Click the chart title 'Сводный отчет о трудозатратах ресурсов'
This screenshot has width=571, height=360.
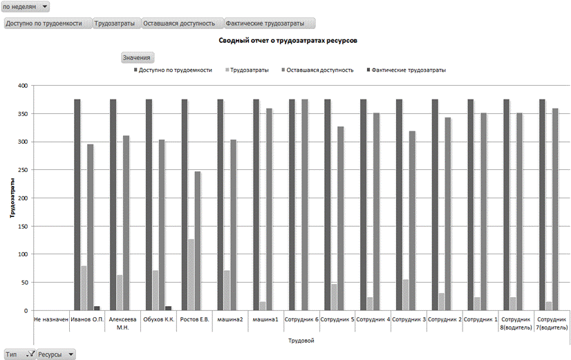(x=288, y=41)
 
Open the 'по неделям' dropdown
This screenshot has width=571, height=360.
(x=26, y=6)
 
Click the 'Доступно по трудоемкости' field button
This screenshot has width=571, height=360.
(x=48, y=23)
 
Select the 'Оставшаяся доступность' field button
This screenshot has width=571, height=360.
(x=182, y=23)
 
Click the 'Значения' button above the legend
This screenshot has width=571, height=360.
(x=136, y=57)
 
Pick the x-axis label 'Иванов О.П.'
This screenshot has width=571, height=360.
(x=87, y=319)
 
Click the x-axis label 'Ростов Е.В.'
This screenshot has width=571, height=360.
(x=194, y=319)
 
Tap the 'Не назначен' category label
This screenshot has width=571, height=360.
(x=51, y=319)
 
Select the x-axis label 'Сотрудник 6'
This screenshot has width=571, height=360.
(x=301, y=319)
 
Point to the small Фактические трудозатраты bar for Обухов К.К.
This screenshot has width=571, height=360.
(x=169, y=308)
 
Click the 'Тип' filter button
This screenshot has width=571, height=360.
(x=19, y=354)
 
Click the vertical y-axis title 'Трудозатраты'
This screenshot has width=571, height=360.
(x=12, y=198)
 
